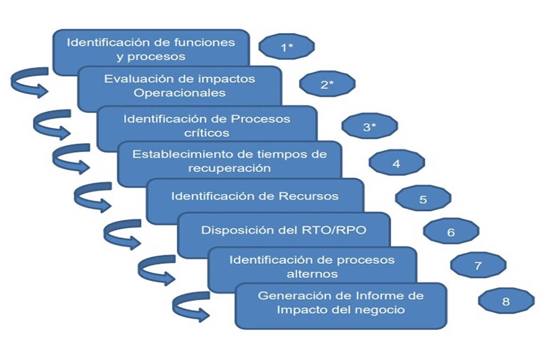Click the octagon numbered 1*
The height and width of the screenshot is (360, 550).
[287, 47]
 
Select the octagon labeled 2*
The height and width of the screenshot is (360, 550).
[327, 84]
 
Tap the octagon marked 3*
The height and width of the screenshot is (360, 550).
[370, 127]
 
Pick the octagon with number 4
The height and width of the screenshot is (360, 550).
[396, 163]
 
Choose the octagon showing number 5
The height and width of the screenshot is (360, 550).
[423, 199]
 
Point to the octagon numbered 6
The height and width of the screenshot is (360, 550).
[450, 232]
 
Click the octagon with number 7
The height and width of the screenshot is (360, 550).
[478, 266]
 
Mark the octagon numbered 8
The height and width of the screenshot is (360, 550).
[506, 301]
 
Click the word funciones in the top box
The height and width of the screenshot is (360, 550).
[207, 42]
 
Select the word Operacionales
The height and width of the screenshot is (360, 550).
[179, 93]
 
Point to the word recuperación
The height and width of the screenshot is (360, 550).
[229, 168]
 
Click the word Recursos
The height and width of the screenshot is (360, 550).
[308, 196]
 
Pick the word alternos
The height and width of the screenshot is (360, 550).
[312, 274]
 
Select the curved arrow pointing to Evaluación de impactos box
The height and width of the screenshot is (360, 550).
[29, 83]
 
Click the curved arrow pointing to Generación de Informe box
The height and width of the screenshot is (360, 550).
[190, 307]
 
